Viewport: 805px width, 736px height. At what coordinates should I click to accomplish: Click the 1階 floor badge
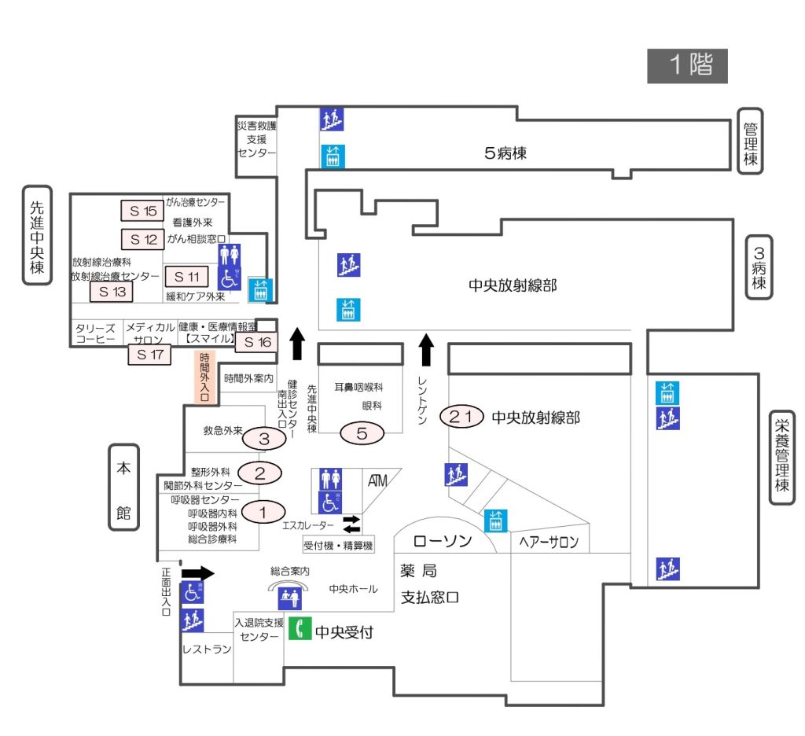687,66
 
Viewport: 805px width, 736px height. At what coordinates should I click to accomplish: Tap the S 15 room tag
142,211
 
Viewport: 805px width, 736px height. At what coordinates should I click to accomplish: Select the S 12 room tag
142,238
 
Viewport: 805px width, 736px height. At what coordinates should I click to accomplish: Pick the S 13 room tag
111,292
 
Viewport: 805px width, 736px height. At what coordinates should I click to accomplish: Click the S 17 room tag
149,355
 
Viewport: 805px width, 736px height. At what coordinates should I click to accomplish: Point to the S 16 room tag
255,342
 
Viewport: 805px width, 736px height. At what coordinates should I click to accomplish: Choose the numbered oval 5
362,432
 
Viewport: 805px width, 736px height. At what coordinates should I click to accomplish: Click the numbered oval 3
264,438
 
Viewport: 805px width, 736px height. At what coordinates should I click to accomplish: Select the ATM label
377,480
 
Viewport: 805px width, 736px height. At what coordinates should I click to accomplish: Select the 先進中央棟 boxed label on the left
37,235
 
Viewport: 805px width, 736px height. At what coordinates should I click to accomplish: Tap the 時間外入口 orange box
204,377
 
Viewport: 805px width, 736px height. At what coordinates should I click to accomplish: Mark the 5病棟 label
505,153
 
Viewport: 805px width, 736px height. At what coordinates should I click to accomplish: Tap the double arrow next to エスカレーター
351,523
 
